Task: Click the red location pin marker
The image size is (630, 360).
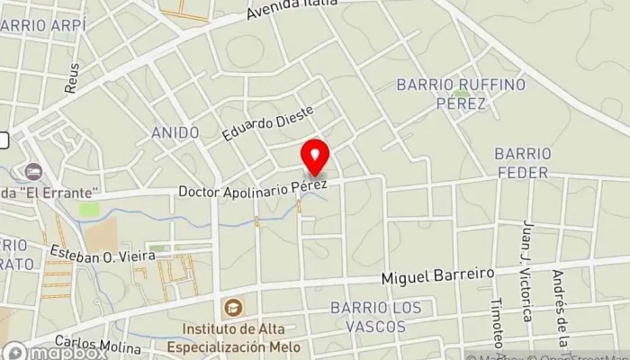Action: pos(314,157)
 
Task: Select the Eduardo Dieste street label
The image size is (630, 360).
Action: pos(270,124)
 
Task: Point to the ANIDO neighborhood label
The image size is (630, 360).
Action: pos(175,133)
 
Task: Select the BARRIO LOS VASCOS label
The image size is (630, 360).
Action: pos(375,316)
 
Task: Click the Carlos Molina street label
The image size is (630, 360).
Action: pos(87,344)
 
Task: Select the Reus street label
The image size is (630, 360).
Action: pos(72,77)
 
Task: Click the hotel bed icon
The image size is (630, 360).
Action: pos(34,170)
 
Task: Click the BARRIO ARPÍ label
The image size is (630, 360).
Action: pos(43,26)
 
